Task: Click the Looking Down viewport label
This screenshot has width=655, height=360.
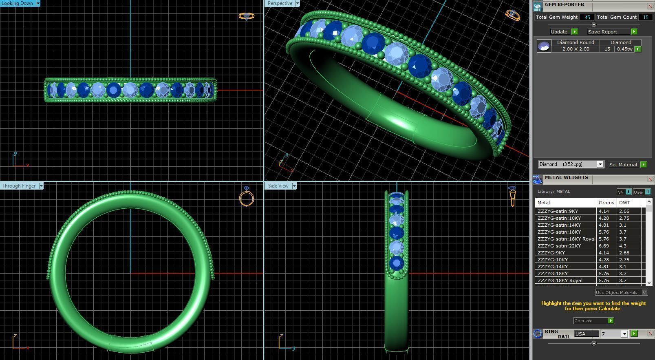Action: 17,3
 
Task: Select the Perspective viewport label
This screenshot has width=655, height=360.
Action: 280,3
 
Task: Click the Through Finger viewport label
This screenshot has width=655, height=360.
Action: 19,186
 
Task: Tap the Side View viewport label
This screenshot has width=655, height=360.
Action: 278,186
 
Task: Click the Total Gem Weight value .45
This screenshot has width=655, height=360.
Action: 587,17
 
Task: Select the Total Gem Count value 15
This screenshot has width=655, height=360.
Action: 645,17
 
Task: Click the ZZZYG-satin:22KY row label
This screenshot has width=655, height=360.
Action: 559,246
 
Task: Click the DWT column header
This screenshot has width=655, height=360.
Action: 624,203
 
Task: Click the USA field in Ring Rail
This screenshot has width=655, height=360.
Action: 586,334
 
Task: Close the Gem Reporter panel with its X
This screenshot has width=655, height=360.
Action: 650,6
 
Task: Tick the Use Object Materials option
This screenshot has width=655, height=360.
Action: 644,292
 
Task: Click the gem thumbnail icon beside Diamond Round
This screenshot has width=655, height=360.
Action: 544,46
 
